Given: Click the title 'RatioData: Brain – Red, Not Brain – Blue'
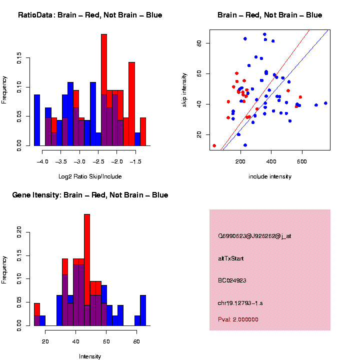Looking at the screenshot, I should click(x=90, y=15).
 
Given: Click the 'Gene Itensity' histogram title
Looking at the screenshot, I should click(x=90, y=195).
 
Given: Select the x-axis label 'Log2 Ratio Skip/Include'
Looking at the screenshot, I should click(x=90, y=176).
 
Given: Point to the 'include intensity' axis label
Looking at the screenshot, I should click(x=270, y=176).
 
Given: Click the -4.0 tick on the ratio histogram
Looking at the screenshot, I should click(x=43, y=162).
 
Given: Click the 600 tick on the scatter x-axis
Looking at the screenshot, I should click(x=302, y=162).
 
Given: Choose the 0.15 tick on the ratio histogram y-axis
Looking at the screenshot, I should click(x=19, y=59).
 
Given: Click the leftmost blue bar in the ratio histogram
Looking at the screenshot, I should click(x=37, y=120).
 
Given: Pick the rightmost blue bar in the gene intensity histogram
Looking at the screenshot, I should click(x=143, y=310).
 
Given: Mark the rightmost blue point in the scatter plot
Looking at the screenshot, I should click(x=325, y=103).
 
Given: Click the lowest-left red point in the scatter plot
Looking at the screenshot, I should click(x=214, y=145).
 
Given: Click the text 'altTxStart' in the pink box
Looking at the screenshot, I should click(x=230, y=258).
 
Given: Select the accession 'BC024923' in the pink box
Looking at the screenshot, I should click(x=232, y=280).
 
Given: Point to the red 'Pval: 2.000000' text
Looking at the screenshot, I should click(x=238, y=319).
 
